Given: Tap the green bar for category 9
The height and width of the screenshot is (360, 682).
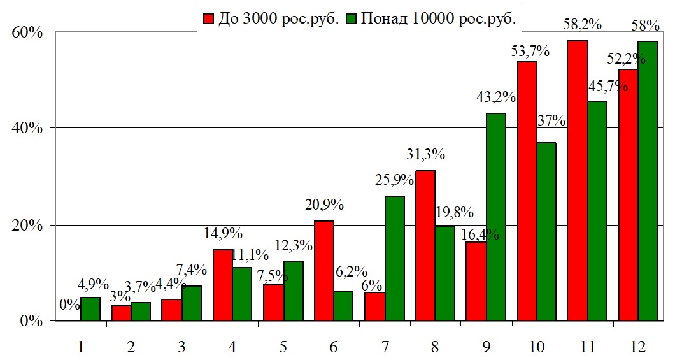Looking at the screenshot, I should (x=495, y=217).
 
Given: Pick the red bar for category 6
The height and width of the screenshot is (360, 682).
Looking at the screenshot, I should (x=323, y=270).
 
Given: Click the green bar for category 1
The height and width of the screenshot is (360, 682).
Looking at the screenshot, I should (x=90, y=308).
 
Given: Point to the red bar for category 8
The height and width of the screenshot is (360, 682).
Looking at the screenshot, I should (x=425, y=245).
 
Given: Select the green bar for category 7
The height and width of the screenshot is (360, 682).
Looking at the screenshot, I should (x=395, y=258).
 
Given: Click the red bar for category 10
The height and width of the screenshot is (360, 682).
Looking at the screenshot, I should (x=527, y=191).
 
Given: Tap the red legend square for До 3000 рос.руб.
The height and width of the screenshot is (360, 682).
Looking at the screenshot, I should (x=208, y=18).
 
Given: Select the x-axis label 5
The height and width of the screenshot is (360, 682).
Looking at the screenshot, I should (x=283, y=347).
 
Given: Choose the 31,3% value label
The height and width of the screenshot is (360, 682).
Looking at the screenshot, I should (x=425, y=155).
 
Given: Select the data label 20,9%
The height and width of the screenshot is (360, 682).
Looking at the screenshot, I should (x=324, y=205).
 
